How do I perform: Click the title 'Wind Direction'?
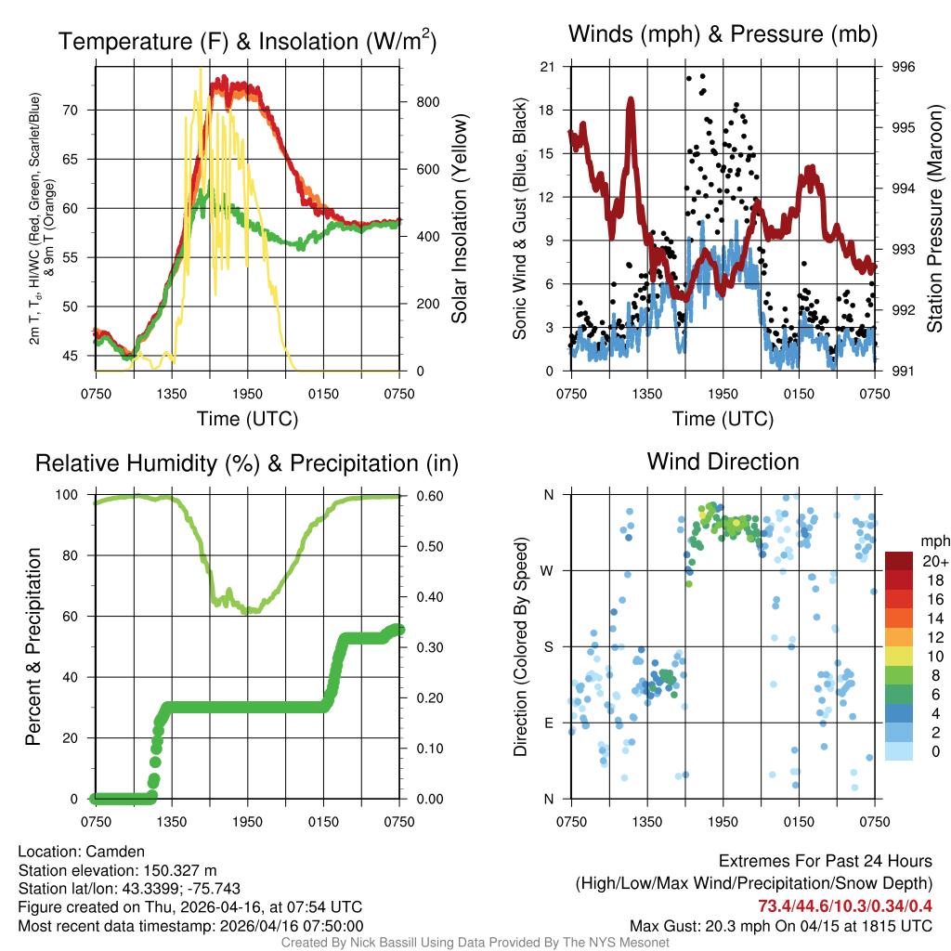tap(723, 462)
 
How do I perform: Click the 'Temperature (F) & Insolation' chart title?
tap(247, 42)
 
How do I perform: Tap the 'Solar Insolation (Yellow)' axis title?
tap(459, 219)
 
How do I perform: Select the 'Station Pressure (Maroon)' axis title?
tap(934, 219)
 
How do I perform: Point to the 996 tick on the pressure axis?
tap(903, 67)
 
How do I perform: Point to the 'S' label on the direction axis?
tap(548, 646)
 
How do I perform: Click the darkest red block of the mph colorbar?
tap(899, 561)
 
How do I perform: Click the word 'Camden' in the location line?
tap(115, 851)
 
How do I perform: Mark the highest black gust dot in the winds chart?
tap(703, 76)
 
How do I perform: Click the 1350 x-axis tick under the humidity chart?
tap(173, 821)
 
